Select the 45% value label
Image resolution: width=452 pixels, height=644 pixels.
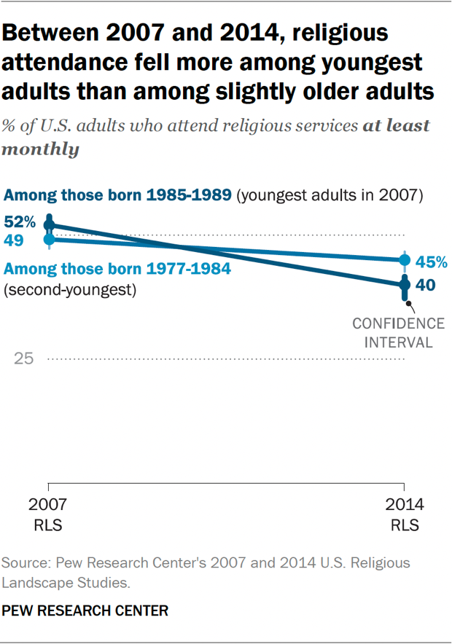[x=431, y=261]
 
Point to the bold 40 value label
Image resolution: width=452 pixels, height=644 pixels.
[x=426, y=285]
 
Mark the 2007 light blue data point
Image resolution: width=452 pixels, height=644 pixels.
[x=49, y=238]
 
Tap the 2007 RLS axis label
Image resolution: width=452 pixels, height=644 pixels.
[x=48, y=514]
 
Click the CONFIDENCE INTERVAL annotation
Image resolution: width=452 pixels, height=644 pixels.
[x=398, y=332]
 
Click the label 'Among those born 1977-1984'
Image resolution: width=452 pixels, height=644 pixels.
[x=117, y=269]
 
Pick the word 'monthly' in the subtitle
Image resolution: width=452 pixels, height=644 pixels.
[x=41, y=149]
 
